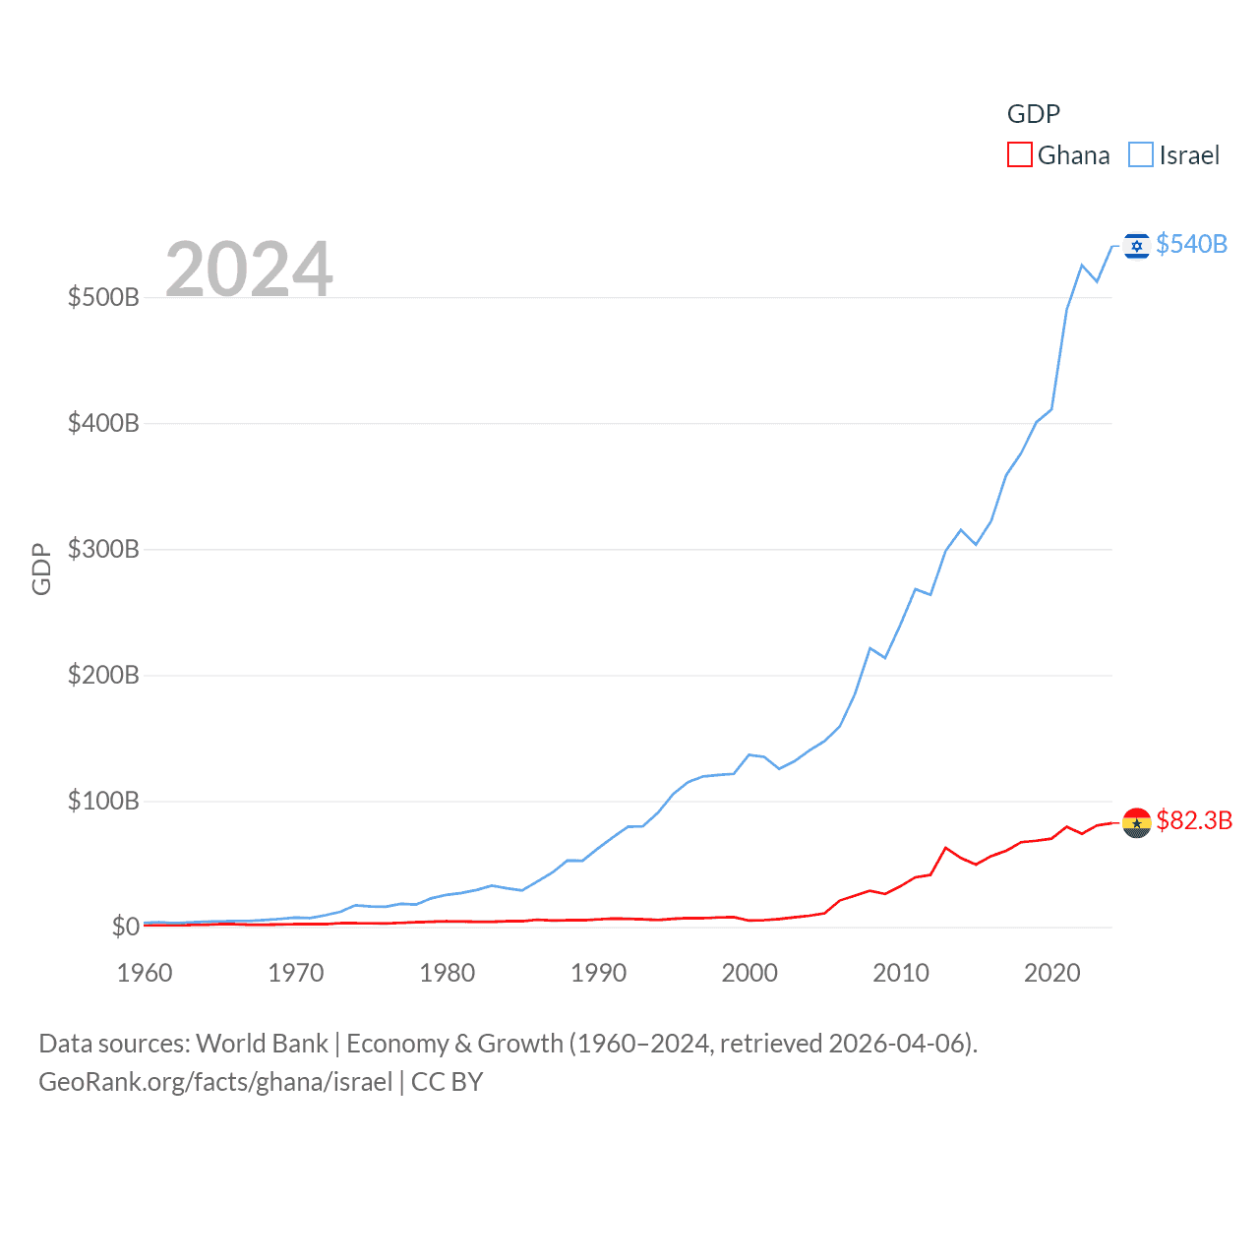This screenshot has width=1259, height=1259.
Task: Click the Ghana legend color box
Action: (1020, 155)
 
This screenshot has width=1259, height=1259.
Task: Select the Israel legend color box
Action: (1141, 155)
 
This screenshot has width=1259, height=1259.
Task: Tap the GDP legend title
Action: (1033, 114)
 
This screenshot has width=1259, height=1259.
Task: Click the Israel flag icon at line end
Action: (1137, 246)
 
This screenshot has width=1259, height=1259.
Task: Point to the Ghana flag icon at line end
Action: (1137, 822)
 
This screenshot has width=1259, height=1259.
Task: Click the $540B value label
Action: (1191, 244)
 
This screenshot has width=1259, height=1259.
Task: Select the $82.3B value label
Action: (1194, 820)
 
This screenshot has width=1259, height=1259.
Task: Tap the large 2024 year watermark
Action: (249, 270)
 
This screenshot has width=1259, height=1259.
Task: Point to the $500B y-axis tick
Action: (103, 297)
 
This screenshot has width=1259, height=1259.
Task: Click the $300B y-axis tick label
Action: (103, 549)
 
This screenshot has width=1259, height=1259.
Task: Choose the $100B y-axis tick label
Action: (103, 801)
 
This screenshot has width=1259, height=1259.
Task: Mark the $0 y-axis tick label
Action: (125, 927)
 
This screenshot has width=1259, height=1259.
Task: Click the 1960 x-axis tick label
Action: (145, 973)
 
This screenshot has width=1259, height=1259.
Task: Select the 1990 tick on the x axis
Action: (598, 973)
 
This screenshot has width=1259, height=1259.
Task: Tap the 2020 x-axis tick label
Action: (1052, 973)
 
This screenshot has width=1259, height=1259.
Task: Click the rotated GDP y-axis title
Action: (41, 569)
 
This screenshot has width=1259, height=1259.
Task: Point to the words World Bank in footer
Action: (262, 1043)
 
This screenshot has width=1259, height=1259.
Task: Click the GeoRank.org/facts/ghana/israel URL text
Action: (215, 1082)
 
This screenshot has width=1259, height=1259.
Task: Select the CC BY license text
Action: (448, 1082)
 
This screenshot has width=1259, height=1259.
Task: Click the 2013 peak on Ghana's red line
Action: (946, 847)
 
